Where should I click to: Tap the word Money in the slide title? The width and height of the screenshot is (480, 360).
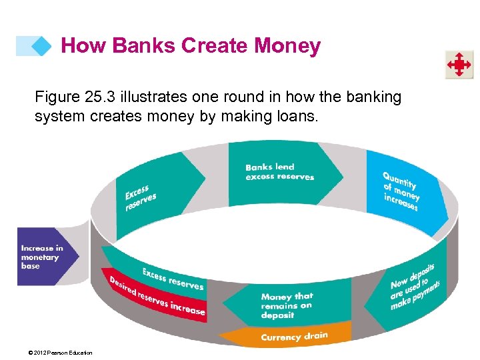[287, 46]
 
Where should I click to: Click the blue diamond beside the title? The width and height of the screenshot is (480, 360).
[41, 46]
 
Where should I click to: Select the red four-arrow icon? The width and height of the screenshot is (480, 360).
[459, 65]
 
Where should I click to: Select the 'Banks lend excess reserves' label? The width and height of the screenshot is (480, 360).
[279, 172]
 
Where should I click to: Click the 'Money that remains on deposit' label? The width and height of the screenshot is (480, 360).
[287, 305]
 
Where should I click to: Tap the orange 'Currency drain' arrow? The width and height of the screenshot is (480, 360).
[294, 337]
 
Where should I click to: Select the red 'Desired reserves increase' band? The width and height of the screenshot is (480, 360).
[158, 297]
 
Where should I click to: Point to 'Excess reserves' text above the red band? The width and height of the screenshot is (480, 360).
[173, 278]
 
